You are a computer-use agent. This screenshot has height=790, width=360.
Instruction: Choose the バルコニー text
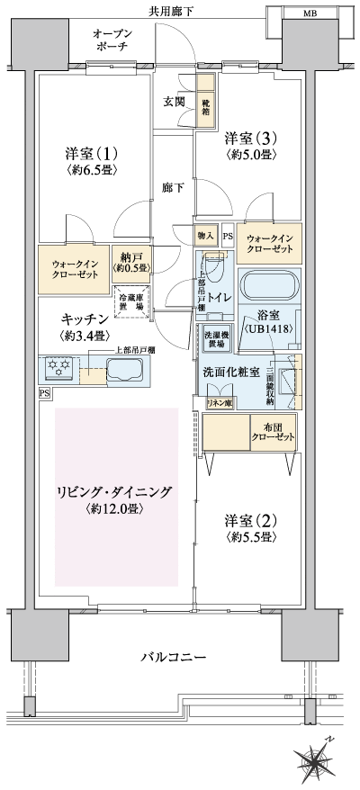170,657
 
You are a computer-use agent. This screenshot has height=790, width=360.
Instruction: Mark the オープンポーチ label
115,40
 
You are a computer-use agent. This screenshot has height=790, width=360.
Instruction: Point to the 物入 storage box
206,236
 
